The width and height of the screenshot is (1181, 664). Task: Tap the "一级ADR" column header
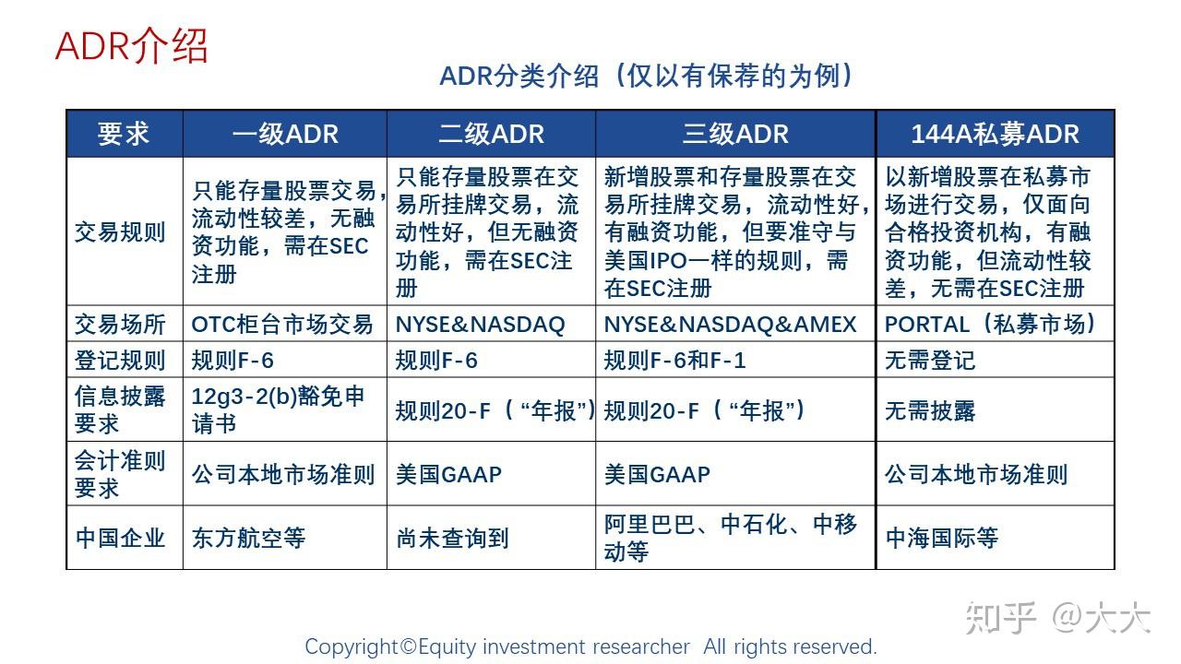coord(285,135)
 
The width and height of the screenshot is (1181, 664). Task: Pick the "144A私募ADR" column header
coord(995,135)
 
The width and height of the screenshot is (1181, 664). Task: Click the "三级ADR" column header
coord(735,135)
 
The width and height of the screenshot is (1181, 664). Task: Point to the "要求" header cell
coord(125,135)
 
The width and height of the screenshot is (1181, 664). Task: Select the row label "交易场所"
coord(120,325)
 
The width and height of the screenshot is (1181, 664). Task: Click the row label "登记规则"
coord(120,360)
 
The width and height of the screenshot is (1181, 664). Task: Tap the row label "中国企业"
coord(120,538)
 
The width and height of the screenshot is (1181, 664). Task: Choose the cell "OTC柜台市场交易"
coord(282,325)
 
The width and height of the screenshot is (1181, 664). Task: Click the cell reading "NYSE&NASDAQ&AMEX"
coord(730,325)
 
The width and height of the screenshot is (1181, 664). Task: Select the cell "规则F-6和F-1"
coord(674,360)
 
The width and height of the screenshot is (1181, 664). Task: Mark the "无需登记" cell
coord(930,360)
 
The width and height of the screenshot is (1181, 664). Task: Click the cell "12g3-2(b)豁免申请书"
coord(279,409)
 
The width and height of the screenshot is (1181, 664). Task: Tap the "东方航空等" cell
coord(248,538)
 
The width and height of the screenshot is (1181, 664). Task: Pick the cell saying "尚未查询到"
coord(452,538)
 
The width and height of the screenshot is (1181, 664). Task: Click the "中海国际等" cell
coord(941,538)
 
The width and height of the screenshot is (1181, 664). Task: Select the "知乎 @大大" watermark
coord(1057,618)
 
